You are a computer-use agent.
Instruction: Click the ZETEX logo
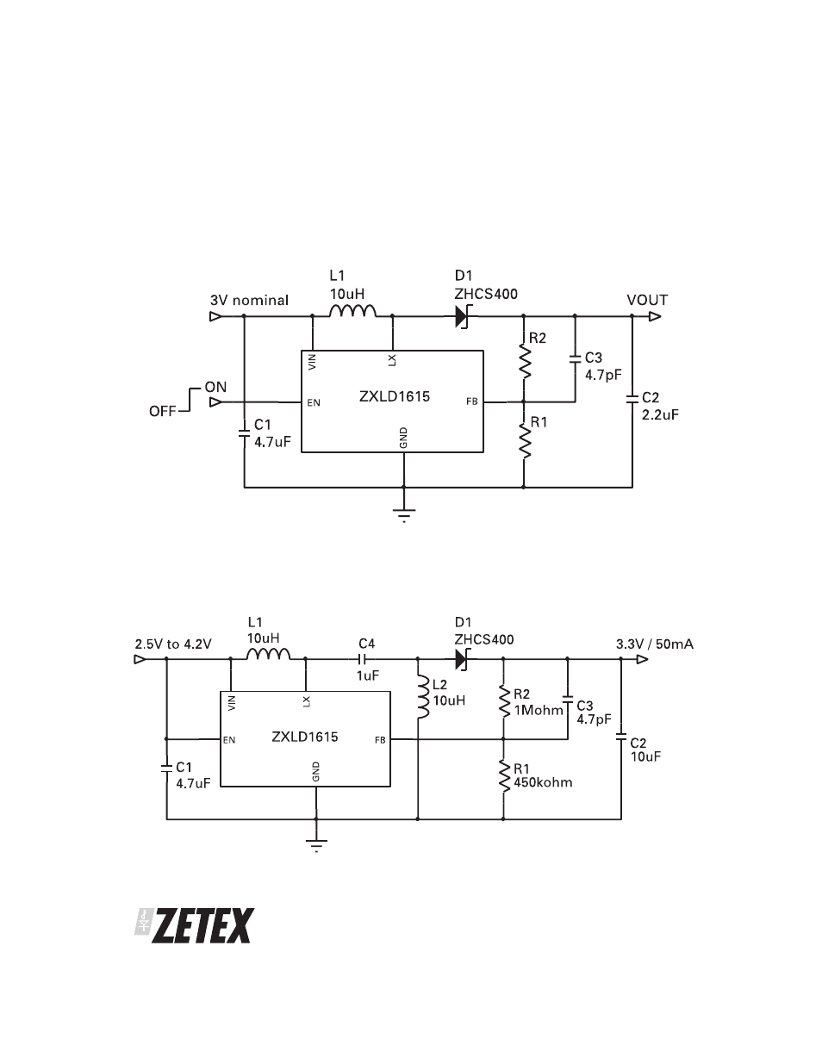(195, 925)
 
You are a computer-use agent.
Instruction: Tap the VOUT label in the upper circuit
(647, 300)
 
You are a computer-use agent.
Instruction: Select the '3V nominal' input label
(249, 300)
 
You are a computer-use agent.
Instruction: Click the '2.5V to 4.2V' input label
(173, 644)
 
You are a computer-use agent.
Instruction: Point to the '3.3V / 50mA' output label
(655, 644)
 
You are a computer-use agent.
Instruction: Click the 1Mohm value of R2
(539, 710)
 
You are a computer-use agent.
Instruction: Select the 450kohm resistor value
(543, 782)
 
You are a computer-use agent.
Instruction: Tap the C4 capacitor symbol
(363, 659)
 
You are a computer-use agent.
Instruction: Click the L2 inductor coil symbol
(422, 698)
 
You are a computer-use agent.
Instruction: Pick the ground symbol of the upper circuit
(404, 514)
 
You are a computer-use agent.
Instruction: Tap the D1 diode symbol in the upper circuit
(462, 316)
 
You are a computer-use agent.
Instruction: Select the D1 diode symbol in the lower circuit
(462, 659)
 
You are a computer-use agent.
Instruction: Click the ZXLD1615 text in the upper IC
(395, 396)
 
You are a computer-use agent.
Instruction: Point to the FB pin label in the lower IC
(380, 740)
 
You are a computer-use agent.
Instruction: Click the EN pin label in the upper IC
(314, 402)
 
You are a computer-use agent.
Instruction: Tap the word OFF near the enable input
(163, 411)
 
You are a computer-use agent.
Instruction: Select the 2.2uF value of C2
(660, 414)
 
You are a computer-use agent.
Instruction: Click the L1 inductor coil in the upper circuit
(352, 311)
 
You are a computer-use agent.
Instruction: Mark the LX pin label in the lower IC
(307, 701)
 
